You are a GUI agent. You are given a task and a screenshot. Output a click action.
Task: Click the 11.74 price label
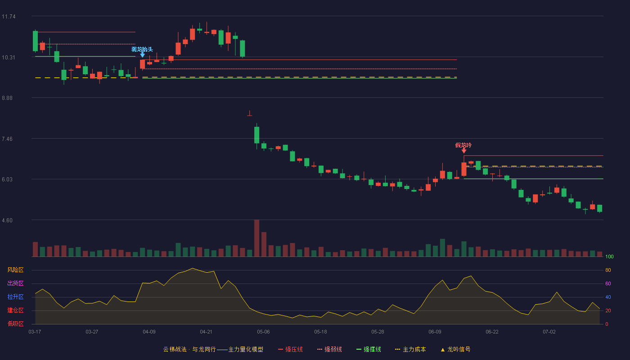coord(9,17)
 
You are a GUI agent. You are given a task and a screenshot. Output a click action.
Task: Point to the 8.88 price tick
coord(7,98)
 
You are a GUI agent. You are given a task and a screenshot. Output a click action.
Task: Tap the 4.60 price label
coord(7,220)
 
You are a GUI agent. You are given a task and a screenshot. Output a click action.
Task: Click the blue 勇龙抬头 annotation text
coord(142,49)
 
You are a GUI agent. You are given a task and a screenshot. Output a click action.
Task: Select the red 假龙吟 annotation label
coord(463,145)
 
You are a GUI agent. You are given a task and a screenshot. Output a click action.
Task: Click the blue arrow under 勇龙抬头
coord(143,54)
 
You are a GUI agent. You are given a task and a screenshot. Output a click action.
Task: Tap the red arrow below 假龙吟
coord(464,151)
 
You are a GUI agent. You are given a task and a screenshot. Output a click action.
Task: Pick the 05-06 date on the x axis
coord(263,332)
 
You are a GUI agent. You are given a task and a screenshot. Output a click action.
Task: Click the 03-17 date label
coord(35,332)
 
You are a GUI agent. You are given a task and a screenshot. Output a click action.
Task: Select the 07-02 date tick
coord(549,332)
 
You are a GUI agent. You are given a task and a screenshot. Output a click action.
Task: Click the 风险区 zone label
coord(15,270)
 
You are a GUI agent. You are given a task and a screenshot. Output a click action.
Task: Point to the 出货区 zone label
coord(15,283)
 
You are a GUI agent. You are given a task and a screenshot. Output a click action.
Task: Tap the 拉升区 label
coord(15,297)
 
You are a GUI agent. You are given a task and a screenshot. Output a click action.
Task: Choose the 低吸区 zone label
coord(15,324)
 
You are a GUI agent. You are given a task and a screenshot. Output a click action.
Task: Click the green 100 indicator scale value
coord(609,256)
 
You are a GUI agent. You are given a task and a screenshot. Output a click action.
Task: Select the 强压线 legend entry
coord(290,349)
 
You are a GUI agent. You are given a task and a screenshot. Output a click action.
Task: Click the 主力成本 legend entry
coord(410,349)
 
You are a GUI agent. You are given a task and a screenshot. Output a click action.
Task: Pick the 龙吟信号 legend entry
coord(455,349)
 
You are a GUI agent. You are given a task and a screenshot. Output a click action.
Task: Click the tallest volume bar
coord(257,238)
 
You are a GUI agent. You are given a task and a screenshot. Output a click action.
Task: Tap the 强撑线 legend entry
coord(369,349)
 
